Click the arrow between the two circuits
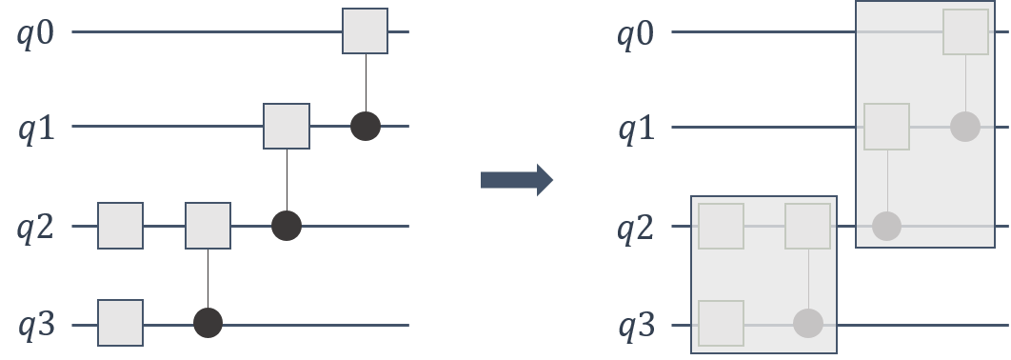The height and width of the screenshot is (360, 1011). tap(517, 179)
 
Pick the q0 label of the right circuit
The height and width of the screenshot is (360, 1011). tap(635, 33)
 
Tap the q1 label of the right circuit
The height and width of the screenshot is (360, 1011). tap(635, 128)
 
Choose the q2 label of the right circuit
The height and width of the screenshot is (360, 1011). tap(635, 228)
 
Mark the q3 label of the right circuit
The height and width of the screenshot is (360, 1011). tap(635, 327)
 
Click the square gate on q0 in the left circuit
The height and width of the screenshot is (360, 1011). tap(365, 31)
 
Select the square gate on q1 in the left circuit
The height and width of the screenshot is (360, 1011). tap(287, 126)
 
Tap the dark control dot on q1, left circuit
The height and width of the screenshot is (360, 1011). tap(366, 126)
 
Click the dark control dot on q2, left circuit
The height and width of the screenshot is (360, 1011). tap(287, 226)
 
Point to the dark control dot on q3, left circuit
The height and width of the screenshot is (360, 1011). tap(208, 324)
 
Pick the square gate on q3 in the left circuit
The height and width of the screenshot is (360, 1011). tap(120, 323)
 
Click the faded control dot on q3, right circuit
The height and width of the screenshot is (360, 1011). tap(808, 324)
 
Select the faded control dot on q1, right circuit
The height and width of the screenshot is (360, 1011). tap(965, 126)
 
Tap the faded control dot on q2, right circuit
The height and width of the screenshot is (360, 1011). tap(886, 226)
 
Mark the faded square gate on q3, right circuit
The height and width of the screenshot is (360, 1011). tap(721, 323)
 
